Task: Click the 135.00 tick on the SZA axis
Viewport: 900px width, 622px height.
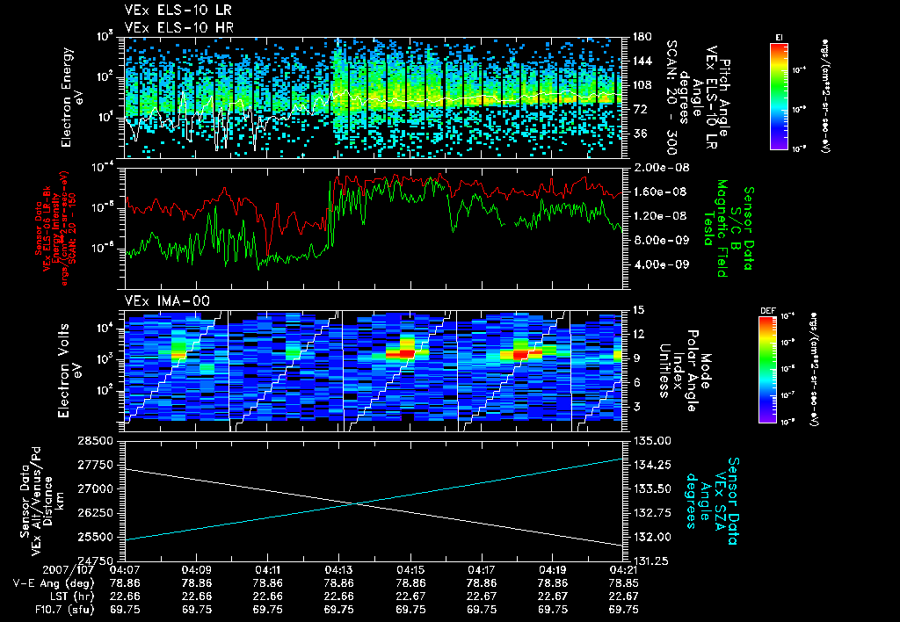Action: [651, 439]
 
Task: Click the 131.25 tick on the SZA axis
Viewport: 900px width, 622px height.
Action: [651, 560]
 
